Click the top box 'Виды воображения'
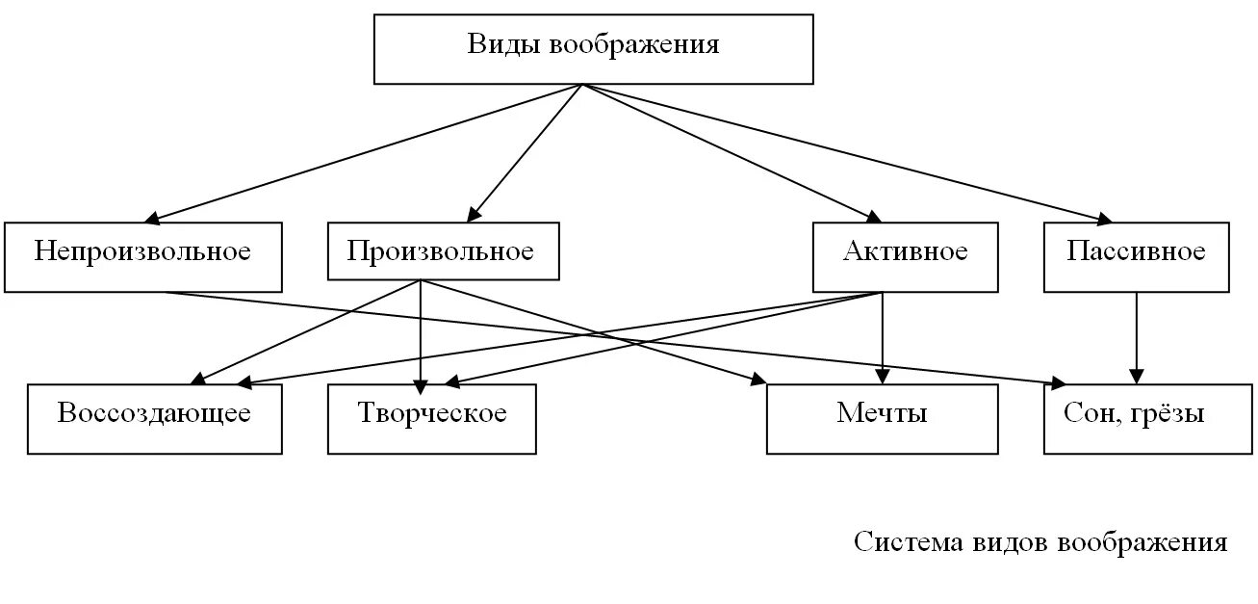click(x=593, y=48)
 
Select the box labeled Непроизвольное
click(x=142, y=256)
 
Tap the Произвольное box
click(x=442, y=252)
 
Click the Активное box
click(x=905, y=256)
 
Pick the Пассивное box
click(x=1136, y=256)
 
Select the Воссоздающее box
click(x=154, y=418)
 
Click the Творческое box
click(x=431, y=418)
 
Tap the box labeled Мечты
click(x=882, y=418)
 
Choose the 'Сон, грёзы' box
click(x=1136, y=418)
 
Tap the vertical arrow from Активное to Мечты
click(x=883, y=337)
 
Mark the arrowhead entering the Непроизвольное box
click(x=156, y=219)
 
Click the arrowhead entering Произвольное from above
click(x=475, y=214)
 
